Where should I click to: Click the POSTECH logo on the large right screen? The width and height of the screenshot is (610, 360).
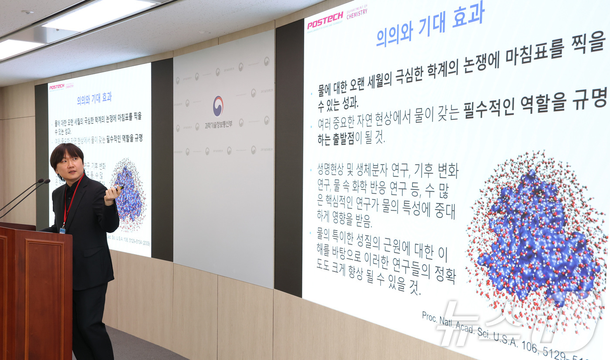[325, 20]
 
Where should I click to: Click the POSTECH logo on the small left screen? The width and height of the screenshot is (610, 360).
[57, 87]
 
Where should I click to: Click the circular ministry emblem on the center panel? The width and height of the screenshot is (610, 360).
[218, 106]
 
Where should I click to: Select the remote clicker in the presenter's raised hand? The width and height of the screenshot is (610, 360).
[118, 188]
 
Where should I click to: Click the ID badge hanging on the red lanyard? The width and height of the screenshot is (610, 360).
[62, 229]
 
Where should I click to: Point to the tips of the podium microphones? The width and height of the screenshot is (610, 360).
[44, 180]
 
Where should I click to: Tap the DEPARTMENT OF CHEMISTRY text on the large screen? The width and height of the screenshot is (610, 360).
[357, 12]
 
